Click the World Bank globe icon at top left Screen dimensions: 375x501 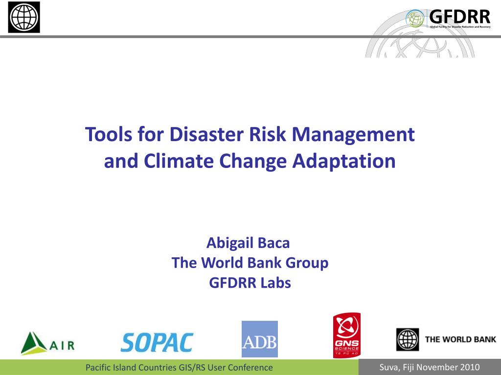point(24,17)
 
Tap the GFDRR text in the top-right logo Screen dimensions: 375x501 point(459,16)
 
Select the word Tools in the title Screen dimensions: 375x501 point(107,134)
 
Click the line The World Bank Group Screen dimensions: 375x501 point(250,263)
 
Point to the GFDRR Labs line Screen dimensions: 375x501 point(250,283)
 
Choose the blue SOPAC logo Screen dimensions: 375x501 point(157,342)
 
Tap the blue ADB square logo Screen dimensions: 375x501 point(259,339)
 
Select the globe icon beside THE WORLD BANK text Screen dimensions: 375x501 point(407,340)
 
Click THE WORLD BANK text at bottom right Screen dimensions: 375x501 point(460,339)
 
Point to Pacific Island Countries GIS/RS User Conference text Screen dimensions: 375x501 point(179,367)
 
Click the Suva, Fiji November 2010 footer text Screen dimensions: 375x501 point(430,367)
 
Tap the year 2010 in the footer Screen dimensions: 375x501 point(470,367)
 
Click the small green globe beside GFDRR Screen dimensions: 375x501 point(415,19)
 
